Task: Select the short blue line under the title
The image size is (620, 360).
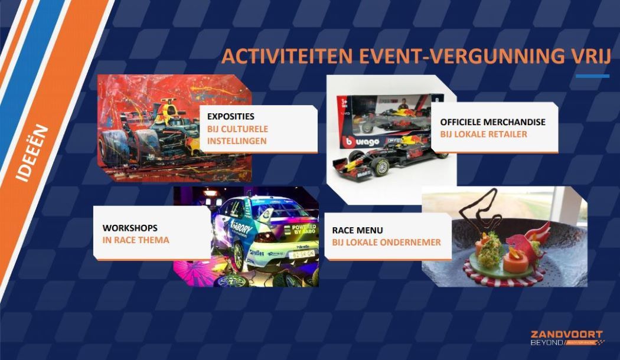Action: pyautogui.click(x=592, y=76)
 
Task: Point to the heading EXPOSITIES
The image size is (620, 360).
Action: pyautogui.click(x=231, y=116)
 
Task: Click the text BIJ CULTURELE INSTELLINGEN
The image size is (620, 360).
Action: pyautogui.click(x=237, y=135)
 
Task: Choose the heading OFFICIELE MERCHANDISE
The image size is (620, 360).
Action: pyautogui.click(x=492, y=122)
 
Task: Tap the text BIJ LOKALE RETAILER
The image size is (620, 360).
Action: pyautogui.click(x=483, y=134)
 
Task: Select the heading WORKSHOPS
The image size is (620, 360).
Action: pyautogui.click(x=130, y=228)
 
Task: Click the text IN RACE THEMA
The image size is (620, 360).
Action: pyautogui.click(x=136, y=240)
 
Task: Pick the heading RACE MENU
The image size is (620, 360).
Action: pyautogui.click(x=357, y=230)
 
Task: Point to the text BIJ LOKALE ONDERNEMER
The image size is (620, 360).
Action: pyautogui.click(x=386, y=242)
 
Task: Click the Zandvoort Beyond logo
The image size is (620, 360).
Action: pyautogui.click(x=566, y=338)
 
